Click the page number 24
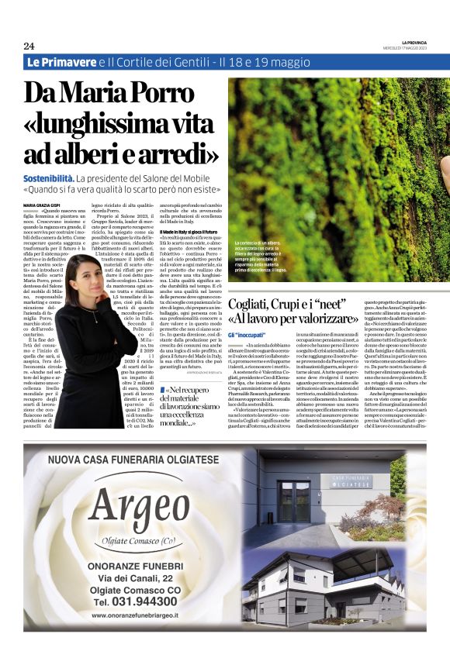click(x=29, y=45)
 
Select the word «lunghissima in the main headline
click(x=116, y=122)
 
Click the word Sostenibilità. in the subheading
click(x=54, y=179)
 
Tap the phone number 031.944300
click(x=135, y=601)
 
